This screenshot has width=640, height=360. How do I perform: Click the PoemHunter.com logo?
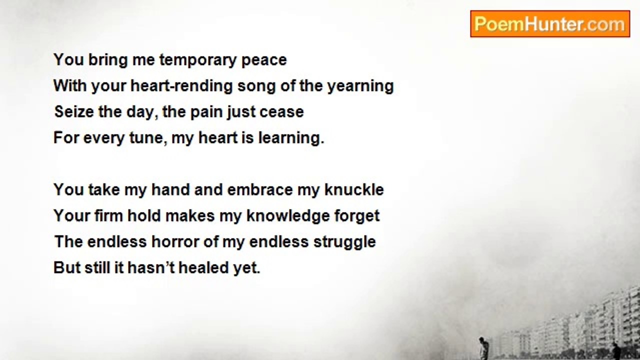(550, 24)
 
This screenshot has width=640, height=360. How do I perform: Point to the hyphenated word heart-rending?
(181, 86)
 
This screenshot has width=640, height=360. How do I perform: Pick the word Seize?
(74, 111)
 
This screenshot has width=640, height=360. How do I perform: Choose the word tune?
(148, 138)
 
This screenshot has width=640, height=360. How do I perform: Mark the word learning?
(291, 138)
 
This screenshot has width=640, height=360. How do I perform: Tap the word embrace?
(260, 189)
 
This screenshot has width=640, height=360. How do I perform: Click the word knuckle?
(354, 189)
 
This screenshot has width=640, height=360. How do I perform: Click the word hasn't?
(151, 267)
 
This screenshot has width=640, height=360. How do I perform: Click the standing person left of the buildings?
(482, 347)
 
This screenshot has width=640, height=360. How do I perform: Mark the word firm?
(108, 215)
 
